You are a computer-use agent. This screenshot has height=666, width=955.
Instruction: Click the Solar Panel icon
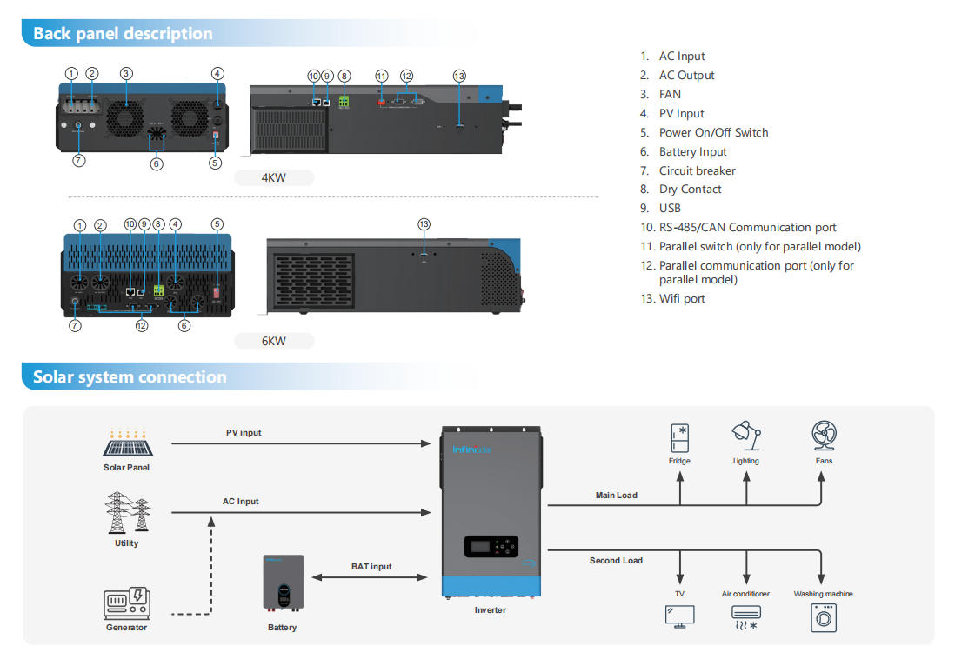(126, 443)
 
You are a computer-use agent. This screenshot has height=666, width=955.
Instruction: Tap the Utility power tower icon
(126, 513)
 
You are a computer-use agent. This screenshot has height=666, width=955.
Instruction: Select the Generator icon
(126, 603)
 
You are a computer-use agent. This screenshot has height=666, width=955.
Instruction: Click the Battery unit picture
(284, 584)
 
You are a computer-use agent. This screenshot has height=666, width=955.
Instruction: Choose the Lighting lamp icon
(745, 436)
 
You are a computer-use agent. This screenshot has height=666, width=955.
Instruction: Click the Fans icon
(824, 436)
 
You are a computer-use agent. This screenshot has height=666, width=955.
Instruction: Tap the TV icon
(679, 616)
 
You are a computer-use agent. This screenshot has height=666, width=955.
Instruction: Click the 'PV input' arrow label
(244, 433)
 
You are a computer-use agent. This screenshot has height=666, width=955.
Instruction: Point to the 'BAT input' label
(371, 567)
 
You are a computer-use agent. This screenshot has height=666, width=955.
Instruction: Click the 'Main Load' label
(616, 496)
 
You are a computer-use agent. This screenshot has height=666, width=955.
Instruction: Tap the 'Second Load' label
(616, 561)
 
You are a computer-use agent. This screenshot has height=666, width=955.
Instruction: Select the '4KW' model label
(274, 178)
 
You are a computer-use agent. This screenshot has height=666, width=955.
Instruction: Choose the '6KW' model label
(274, 341)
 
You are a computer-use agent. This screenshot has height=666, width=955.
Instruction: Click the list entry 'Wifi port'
(682, 299)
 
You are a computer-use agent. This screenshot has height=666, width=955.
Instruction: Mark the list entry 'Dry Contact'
(690, 190)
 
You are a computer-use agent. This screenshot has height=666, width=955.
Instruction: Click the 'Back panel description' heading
(123, 34)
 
